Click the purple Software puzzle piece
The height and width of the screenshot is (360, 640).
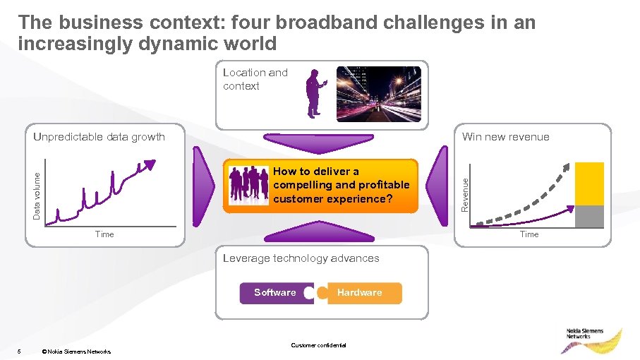(x=275, y=293)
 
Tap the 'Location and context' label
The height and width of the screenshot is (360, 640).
(x=255, y=79)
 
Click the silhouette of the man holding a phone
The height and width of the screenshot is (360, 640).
(x=314, y=94)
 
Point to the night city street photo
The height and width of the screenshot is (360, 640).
(x=378, y=93)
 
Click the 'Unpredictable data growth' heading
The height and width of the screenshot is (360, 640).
(x=99, y=137)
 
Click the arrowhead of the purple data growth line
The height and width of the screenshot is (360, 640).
(x=150, y=164)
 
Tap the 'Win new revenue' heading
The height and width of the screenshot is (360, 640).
(x=505, y=137)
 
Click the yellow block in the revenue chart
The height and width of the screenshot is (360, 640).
(x=590, y=184)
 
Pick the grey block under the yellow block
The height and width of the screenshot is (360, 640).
(x=590, y=217)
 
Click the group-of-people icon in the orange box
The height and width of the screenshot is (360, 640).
(x=248, y=186)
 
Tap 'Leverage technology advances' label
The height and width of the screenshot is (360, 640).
(x=301, y=258)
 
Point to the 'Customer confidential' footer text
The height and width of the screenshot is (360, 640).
(x=318, y=345)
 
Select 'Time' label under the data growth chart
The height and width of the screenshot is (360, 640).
(x=104, y=234)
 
